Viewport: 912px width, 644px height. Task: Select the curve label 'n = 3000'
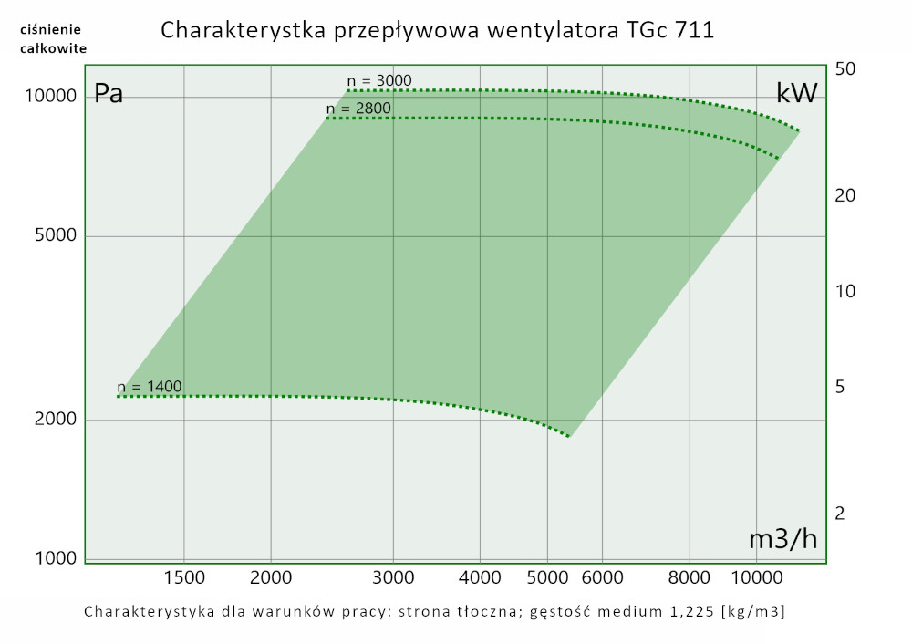(379, 81)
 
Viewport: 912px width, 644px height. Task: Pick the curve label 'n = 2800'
(358, 109)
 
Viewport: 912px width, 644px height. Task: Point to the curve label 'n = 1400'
(150, 387)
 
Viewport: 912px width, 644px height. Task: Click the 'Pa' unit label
(109, 94)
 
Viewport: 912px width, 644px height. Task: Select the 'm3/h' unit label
(782, 539)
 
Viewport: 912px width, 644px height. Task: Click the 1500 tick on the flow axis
(184, 576)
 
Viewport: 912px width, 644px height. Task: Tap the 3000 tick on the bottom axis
(393, 576)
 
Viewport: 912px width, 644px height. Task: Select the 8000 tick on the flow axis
(689, 576)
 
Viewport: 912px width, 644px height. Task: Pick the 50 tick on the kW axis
(844, 70)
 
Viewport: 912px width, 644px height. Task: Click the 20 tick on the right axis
(844, 196)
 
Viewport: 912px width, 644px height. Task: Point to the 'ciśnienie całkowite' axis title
(53, 39)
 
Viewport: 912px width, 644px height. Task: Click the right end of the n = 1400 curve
(569, 436)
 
